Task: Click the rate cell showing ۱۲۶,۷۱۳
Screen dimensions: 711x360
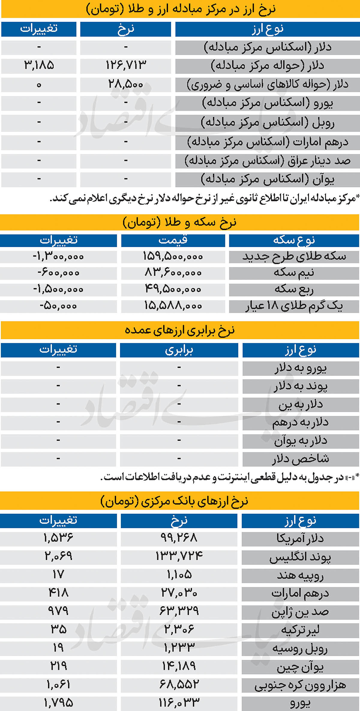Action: click(126, 65)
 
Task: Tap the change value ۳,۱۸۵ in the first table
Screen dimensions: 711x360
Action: click(39, 65)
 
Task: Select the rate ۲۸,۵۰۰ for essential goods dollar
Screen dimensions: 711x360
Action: click(126, 84)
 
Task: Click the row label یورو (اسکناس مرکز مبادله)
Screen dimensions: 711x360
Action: click(267, 103)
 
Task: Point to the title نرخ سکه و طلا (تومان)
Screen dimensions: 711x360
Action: click(179, 222)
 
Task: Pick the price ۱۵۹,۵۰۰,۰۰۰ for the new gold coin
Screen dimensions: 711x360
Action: click(173, 257)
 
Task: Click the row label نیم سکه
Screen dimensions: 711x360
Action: click(294, 273)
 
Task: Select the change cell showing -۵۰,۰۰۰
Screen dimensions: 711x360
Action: click(58, 306)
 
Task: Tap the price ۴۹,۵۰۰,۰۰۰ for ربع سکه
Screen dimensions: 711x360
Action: click(173, 289)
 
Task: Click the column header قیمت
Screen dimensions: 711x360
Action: click(173, 240)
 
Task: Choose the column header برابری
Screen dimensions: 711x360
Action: click(179, 350)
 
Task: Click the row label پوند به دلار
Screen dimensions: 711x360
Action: click(300, 386)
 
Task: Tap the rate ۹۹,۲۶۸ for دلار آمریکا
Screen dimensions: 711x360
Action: click(179, 538)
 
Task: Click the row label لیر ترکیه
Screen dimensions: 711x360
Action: click(300, 630)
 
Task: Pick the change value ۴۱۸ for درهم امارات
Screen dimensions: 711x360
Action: click(58, 593)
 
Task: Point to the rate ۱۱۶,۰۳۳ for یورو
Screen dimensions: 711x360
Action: click(179, 703)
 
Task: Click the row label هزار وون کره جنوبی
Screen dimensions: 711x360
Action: click(300, 685)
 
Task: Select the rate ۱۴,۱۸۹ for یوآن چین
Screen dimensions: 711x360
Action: click(179, 666)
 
